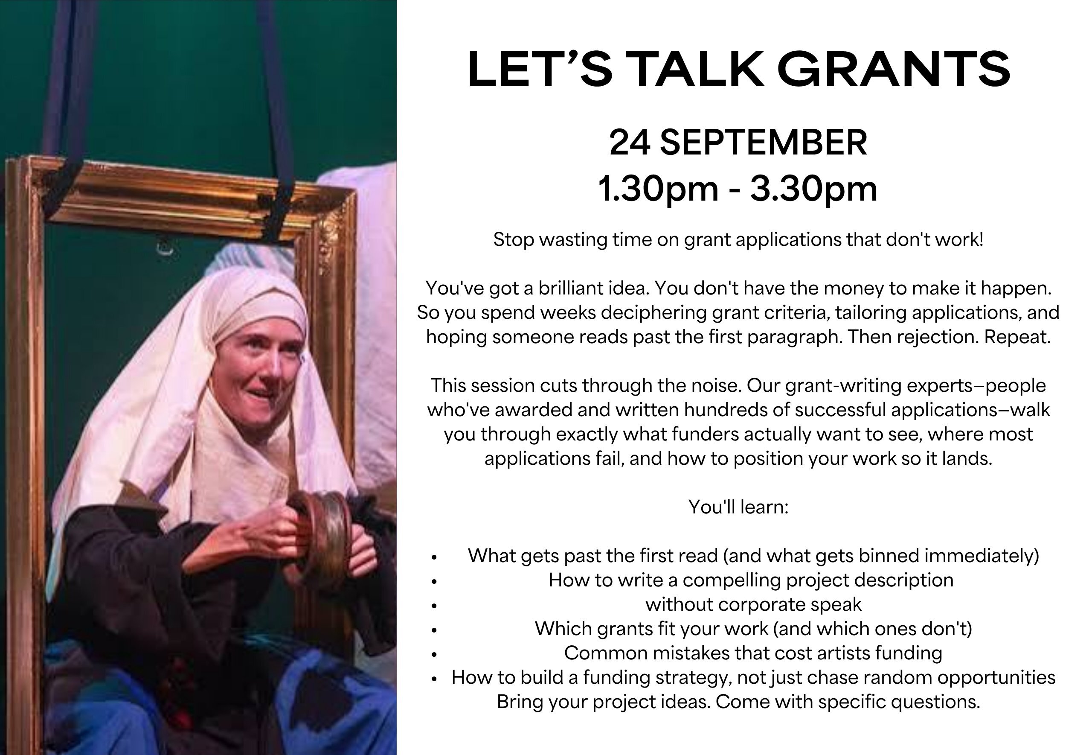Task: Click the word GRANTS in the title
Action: (x=894, y=70)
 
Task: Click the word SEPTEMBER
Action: (x=764, y=143)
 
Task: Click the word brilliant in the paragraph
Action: (x=580, y=288)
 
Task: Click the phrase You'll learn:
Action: (x=738, y=507)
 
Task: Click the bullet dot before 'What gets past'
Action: (x=433, y=557)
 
